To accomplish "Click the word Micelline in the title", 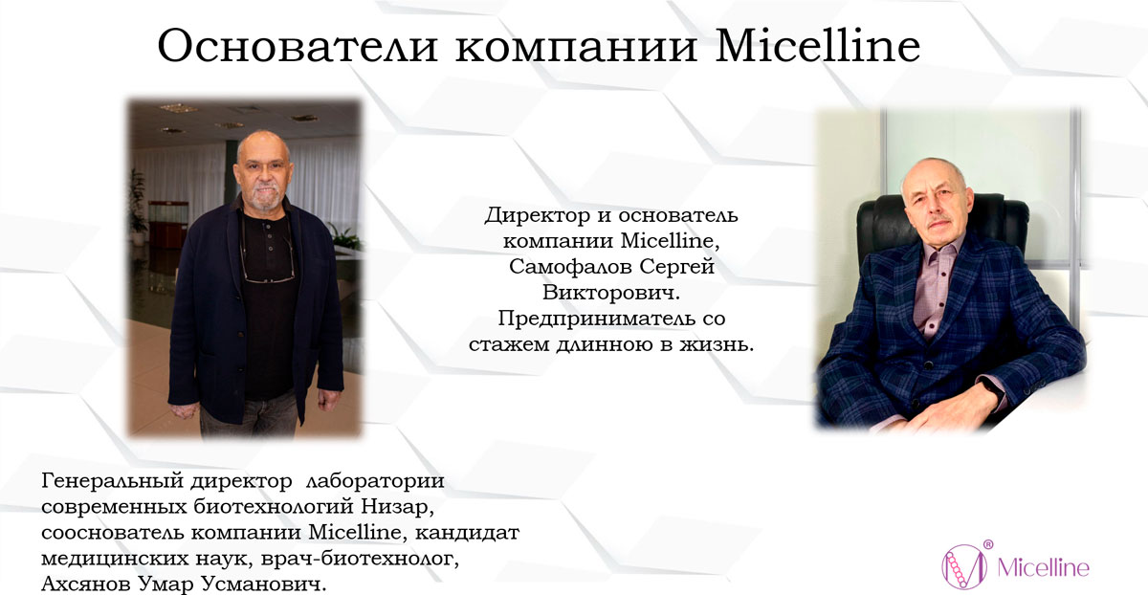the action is [x=817, y=46].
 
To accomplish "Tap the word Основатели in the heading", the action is [x=298, y=46].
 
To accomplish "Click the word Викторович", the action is [x=611, y=293].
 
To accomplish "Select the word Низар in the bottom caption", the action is [x=397, y=507].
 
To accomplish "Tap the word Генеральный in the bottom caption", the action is [x=112, y=481].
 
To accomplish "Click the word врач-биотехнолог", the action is [x=360, y=558].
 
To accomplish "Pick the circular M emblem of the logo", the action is [x=963, y=567].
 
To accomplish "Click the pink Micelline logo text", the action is [x=1044, y=568].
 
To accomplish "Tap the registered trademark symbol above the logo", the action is [x=988, y=544].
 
